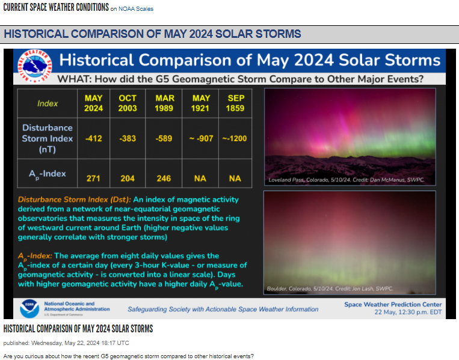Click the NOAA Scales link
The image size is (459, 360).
[136, 9]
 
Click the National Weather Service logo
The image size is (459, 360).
[34, 66]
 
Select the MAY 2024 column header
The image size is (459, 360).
[94, 103]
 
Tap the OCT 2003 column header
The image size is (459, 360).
[128, 103]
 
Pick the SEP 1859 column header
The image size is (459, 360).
[235, 103]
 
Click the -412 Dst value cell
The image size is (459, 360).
[94, 138]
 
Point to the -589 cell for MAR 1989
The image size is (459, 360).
[164, 138]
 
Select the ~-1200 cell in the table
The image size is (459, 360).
[235, 138]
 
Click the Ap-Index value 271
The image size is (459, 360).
[93, 178]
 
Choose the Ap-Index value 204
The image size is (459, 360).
[128, 178]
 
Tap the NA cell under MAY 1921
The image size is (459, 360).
[200, 178]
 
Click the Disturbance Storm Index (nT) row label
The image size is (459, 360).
[48, 139]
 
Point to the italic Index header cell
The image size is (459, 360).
[48, 103]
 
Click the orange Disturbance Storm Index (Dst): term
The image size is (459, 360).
[75, 200]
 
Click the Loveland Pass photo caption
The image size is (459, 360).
[347, 180]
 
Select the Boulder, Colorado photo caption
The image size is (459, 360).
[330, 288]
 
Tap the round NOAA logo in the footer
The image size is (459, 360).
[29, 308]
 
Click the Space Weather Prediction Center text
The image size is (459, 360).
[393, 305]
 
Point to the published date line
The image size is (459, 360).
[66, 343]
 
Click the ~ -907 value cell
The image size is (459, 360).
[201, 138]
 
